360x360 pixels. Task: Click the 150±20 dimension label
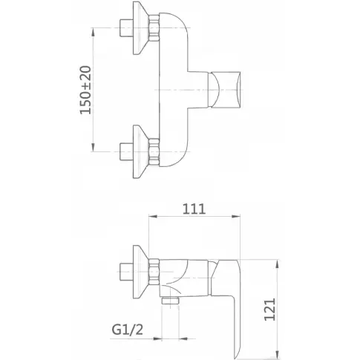(x=85, y=90)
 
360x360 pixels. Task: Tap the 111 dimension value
(x=194, y=209)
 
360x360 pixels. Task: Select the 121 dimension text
(x=269, y=310)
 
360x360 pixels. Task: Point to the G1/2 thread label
(x=128, y=330)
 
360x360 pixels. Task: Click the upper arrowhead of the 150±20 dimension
(x=93, y=32)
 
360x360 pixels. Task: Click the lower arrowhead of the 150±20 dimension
(x=93, y=147)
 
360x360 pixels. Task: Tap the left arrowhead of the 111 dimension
(x=153, y=217)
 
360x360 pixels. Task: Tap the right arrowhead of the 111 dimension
(x=236, y=217)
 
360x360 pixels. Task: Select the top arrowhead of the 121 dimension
(x=278, y=264)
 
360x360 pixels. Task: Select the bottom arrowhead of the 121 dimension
(x=278, y=354)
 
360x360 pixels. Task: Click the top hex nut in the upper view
(x=154, y=27)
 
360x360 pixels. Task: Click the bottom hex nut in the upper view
(x=154, y=151)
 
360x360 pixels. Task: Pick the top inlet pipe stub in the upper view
(x=126, y=27)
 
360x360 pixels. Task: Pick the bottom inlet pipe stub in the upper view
(x=126, y=151)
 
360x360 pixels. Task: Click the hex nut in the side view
(x=154, y=272)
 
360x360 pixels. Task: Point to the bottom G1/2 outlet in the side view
(x=171, y=301)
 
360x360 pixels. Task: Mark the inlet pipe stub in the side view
(x=126, y=272)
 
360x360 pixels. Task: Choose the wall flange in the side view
(x=140, y=272)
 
